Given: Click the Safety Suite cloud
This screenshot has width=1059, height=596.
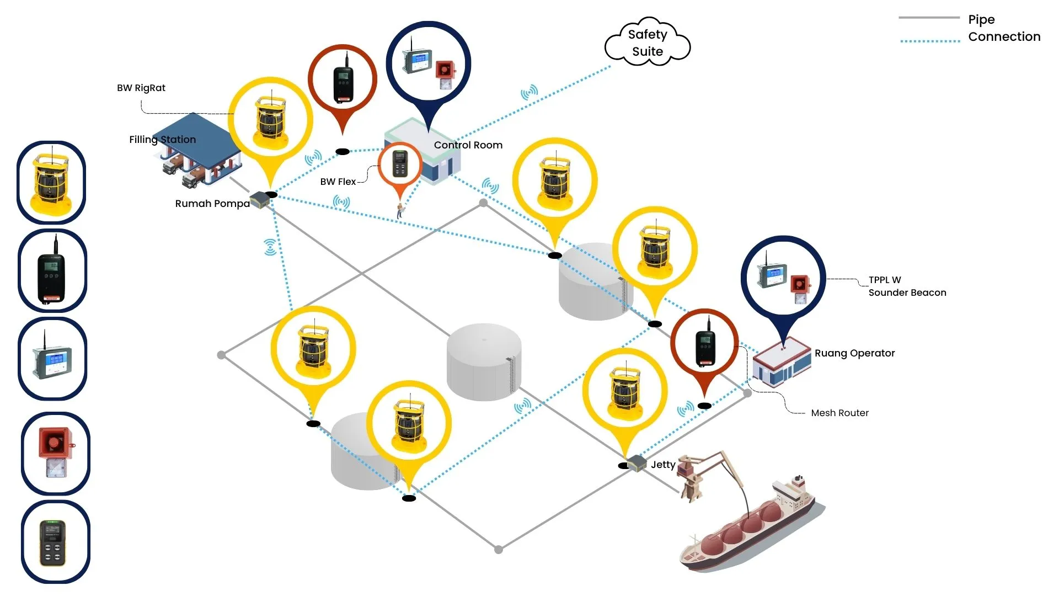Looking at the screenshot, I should pos(648,42).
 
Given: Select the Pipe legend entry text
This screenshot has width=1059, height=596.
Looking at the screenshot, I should pos(981,20).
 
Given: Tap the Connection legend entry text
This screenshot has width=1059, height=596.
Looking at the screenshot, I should pos(1004,37).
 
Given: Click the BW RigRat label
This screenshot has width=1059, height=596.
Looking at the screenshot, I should pos(141,88).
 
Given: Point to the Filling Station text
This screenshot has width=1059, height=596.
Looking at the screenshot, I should pos(162,140).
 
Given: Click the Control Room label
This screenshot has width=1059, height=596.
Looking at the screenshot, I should pos(468,145).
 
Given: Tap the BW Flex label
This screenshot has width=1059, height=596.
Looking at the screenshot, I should pos(338,182).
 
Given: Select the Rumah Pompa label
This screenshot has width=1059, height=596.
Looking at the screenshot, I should pos(212,204).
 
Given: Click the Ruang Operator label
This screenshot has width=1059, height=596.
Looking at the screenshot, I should pos(854,353).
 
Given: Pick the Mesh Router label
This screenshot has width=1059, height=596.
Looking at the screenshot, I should pos(839,413).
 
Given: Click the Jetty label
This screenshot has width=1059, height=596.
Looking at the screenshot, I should pos(662,465).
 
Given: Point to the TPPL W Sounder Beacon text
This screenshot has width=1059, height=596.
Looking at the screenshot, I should pos(907,286).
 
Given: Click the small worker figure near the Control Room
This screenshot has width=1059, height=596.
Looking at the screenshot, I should pos(400,210).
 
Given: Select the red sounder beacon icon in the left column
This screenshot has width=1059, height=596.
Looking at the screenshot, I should pos(55,453).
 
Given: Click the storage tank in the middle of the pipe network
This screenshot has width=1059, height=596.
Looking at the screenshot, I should pos(484,361).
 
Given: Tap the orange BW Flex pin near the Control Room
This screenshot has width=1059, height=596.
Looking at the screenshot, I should pos(400,165).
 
